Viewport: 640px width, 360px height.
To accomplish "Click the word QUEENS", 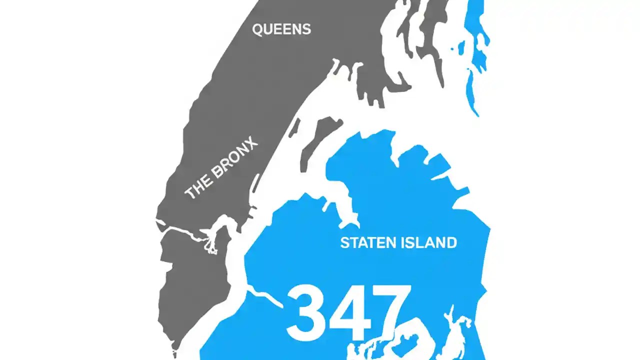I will pyautogui.click(x=281, y=29).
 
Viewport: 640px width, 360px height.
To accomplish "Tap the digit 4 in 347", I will pyautogui.click(x=347, y=312).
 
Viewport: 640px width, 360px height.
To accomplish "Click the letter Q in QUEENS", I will pyautogui.click(x=258, y=30).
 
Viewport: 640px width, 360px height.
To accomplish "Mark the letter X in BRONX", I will pyautogui.click(x=252, y=145).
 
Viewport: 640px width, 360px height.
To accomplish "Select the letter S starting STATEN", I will pyautogui.click(x=344, y=243).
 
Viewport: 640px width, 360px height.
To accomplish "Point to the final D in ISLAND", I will pyautogui.click(x=451, y=243).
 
